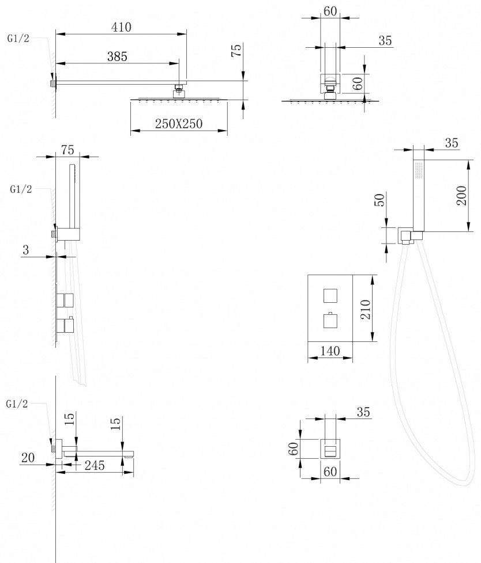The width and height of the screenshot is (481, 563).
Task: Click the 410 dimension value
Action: [121, 27]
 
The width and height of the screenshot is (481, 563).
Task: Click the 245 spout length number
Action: [93, 465]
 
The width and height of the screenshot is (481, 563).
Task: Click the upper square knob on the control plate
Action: [329, 295]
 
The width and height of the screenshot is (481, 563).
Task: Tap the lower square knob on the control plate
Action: [329, 319]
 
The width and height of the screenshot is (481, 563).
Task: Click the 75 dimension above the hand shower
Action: [67, 150]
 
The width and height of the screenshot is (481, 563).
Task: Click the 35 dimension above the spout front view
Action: [363, 412]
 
